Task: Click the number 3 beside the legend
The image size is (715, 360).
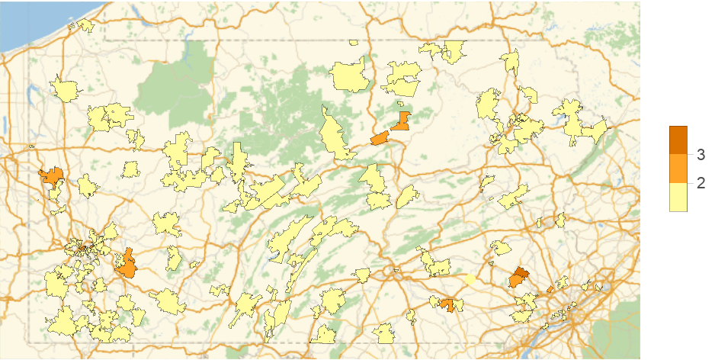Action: [701, 155]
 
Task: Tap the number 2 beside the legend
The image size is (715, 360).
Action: [701, 183]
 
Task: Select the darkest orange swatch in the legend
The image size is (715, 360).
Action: [678, 140]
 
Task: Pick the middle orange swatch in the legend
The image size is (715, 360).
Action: [678, 169]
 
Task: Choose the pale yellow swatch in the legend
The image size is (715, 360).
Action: [678, 198]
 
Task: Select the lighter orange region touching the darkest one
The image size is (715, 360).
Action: [516, 281]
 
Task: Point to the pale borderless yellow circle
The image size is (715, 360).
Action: [470, 280]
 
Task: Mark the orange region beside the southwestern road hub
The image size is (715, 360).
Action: [127, 264]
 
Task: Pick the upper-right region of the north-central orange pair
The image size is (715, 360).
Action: [401, 120]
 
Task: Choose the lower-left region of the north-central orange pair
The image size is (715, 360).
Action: [380, 139]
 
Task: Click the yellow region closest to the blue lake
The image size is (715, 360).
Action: [86, 25]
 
